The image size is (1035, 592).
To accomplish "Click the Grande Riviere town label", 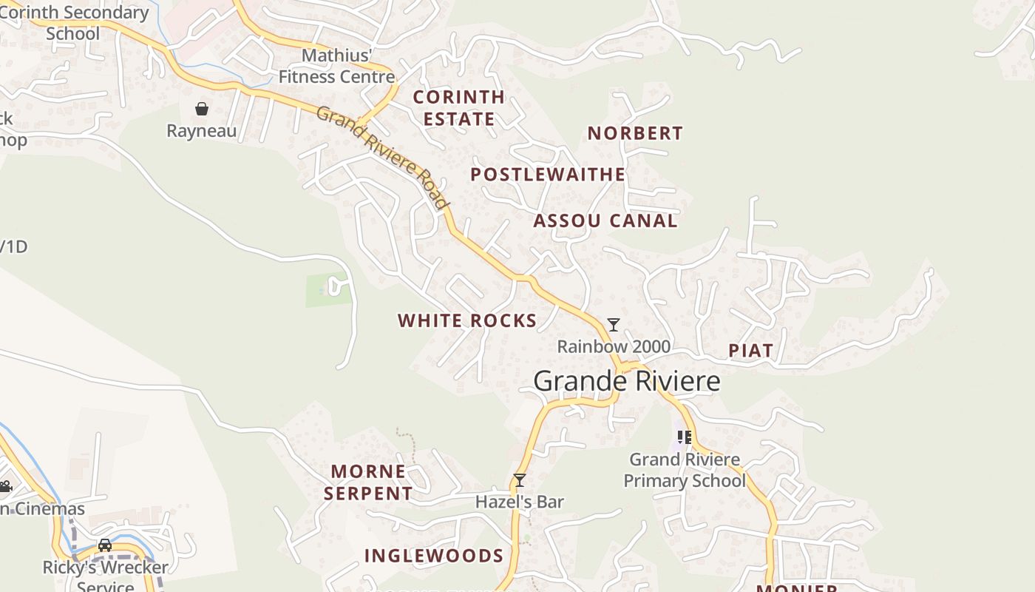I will [x=626, y=381].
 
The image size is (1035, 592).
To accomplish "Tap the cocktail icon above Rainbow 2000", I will [x=613, y=325].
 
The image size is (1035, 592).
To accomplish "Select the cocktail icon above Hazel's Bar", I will [x=520, y=480].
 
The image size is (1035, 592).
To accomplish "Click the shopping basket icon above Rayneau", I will [x=202, y=110].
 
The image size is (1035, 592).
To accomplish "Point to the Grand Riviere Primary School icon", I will [x=684, y=437].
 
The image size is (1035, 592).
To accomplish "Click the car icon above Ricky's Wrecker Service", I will [x=105, y=545].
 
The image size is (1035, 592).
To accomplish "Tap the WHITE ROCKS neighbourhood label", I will [x=467, y=320].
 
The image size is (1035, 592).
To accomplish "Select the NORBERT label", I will [x=635, y=133].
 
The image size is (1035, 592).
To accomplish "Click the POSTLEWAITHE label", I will [x=548, y=175].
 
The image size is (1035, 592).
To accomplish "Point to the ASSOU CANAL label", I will [x=605, y=221].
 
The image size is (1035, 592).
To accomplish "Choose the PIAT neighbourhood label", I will [x=751, y=351].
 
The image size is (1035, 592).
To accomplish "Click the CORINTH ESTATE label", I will [x=458, y=108].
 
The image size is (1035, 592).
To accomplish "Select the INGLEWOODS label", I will [x=434, y=556].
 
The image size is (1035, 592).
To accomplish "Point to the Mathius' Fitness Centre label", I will [x=336, y=66].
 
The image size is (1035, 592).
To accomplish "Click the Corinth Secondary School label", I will [x=73, y=23].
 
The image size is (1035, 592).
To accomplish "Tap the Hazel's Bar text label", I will [x=520, y=502].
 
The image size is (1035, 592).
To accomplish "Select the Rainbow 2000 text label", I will [x=614, y=346].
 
